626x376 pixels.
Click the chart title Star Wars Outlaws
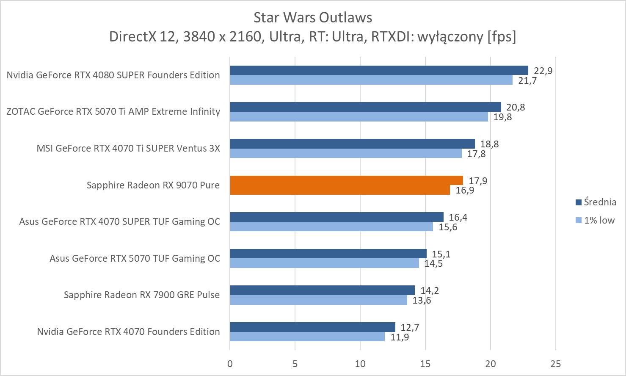pos(313,17)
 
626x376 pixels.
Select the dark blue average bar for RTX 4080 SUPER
pos(379,70)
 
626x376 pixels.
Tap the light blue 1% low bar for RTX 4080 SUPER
pos(371,80)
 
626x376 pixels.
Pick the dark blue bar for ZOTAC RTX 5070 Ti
pos(365,107)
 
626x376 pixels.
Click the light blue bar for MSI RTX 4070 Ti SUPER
pos(346,153)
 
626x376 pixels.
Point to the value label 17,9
pos(478,181)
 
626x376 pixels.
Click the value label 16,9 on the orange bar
pos(465,190)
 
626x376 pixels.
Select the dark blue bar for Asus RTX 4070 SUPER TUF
pos(336,217)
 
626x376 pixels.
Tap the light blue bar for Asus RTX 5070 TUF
pos(324,263)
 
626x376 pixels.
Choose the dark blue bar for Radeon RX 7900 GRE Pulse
pos(322,290)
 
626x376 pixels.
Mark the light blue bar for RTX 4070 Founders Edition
pos(307,337)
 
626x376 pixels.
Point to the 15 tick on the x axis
pos(425,364)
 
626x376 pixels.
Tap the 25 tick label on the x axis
pos(556,364)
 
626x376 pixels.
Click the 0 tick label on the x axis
pos(230,364)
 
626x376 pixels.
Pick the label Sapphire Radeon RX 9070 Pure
pos(153,185)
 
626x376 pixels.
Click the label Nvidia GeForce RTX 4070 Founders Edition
pos(128,332)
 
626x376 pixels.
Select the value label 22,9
pos(543,71)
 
